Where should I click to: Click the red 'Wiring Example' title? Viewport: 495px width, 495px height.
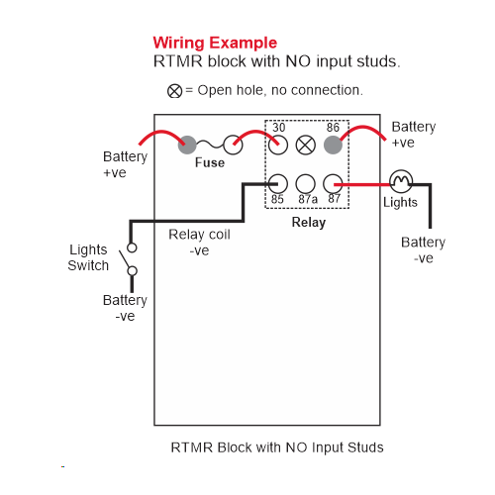pyautogui.click(x=215, y=43)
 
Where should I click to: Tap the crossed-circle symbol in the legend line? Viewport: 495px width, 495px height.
pyautogui.click(x=174, y=91)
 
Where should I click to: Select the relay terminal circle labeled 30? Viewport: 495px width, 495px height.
pyautogui.click(x=278, y=146)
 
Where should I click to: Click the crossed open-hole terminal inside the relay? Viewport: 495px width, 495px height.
pyautogui.click(x=306, y=145)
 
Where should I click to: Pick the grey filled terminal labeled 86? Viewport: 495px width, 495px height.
pyautogui.click(x=333, y=145)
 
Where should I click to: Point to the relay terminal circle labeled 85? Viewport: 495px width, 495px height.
pyautogui.click(x=278, y=184)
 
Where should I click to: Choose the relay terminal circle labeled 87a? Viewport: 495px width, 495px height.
pyautogui.click(x=306, y=184)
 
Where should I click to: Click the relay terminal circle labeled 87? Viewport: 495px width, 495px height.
pyautogui.click(x=333, y=184)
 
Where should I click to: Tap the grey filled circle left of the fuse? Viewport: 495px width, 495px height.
pyautogui.click(x=187, y=145)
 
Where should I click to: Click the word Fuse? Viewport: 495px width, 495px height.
pyautogui.click(x=210, y=162)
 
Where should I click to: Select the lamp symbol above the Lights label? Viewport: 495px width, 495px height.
pyautogui.click(x=401, y=181)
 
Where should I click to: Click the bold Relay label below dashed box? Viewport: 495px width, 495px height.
pyautogui.click(x=309, y=223)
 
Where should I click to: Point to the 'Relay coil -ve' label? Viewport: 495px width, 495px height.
pyautogui.click(x=199, y=243)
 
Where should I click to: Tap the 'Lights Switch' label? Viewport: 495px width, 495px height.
pyautogui.click(x=88, y=257)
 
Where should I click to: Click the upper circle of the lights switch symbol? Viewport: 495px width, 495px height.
pyautogui.click(x=132, y=247)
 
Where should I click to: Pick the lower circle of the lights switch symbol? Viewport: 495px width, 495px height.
pyautogui.click(x=133, y=271)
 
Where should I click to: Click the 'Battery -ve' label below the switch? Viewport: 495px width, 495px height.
pyautogui.click(x=125, y=308)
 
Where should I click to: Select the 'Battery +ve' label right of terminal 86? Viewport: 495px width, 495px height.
pyautogui.click(x=414, y=135)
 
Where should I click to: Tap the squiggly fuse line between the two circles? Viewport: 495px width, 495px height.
pyautogui.click(x=210, y=145)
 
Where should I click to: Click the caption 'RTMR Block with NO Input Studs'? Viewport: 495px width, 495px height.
pyautogui.click(x=277, y=447)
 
